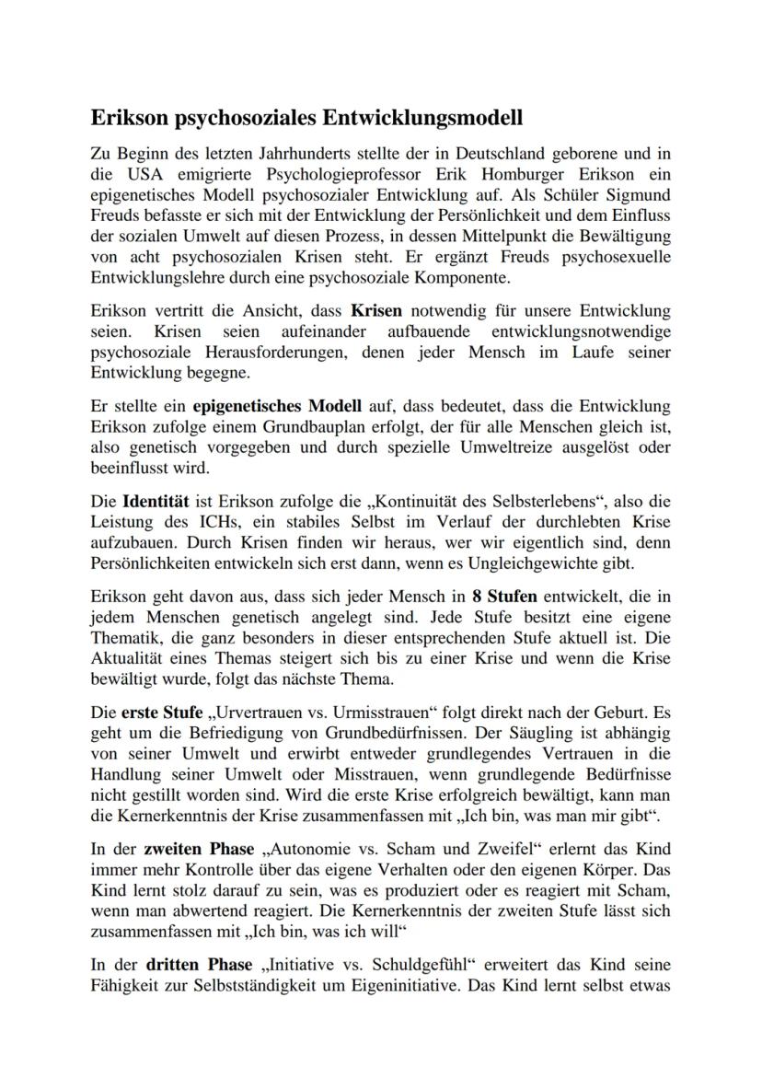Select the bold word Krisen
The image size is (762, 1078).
pyautogui.click(x=376, y=310)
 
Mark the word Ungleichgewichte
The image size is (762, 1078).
pyautogui.click(x=523, y=562)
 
